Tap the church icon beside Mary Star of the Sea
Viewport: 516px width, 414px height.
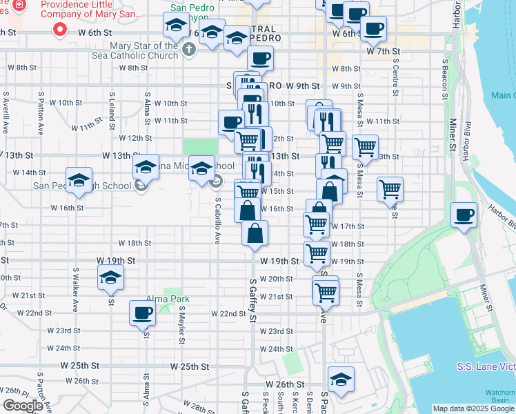click(190, 50)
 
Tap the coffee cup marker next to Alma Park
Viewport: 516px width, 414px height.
click(142, 313)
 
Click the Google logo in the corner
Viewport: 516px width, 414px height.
click(22, 406)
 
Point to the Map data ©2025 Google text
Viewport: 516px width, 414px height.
click(473, 408)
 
